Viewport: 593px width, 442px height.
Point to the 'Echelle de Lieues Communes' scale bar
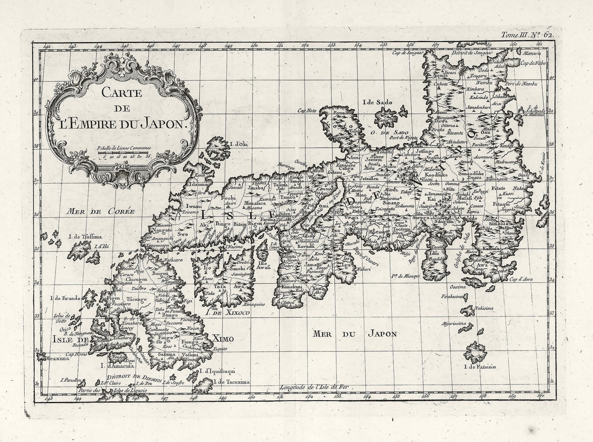(123, 152)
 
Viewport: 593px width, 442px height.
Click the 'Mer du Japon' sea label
(355, 334)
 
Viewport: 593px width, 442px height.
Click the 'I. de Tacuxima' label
(231, 382)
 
